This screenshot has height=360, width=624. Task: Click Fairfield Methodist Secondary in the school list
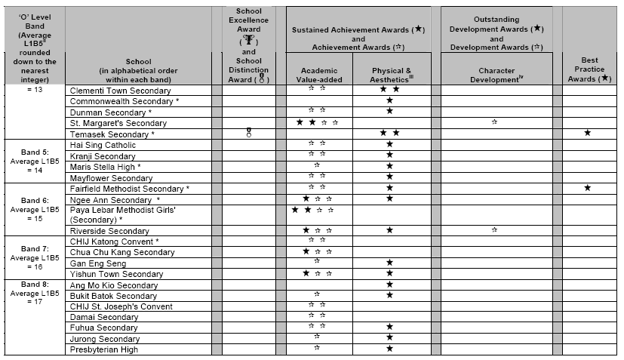coord(130,188)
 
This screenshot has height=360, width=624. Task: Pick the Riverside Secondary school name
coord(109,230)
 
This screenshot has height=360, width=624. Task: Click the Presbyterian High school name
coord(103,349)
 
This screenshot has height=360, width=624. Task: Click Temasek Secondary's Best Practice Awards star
coord(587,133)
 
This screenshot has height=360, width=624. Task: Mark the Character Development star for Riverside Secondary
coord(494,229)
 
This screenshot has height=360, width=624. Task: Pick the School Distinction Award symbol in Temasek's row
coord(249,133)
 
